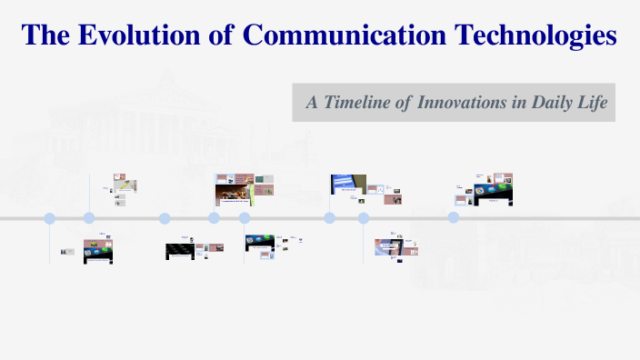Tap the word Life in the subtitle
pos(591,103)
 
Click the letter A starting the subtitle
pos(311,103)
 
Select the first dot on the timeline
pos(50,218)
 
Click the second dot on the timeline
pos(89,218)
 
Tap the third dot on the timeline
pos(165,218)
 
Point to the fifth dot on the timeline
pos(245,218)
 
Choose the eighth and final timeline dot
pos(453,218)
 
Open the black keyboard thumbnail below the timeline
pos(180,251)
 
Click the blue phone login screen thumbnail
pos(348,185)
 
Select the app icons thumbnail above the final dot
pos(494,192)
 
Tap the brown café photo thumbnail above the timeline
pos(233,192)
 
